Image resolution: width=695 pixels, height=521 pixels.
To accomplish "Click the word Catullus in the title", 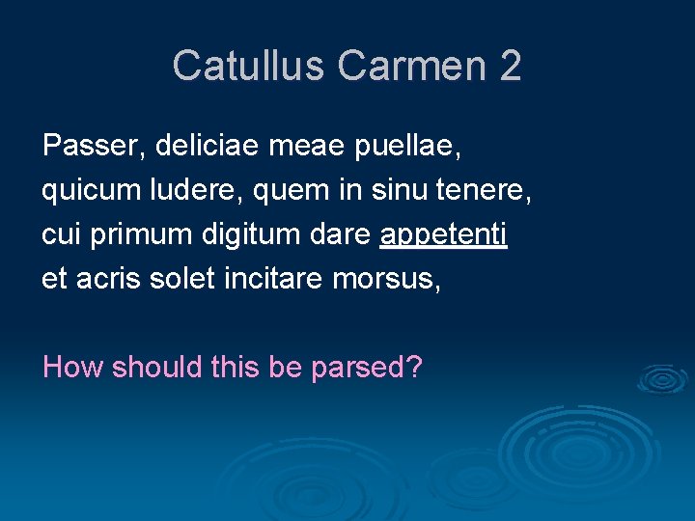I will [x=248, y=66].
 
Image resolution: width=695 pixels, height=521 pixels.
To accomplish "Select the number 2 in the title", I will [x=511, y=66].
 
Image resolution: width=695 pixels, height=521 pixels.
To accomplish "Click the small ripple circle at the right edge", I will [x=664, y=378].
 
